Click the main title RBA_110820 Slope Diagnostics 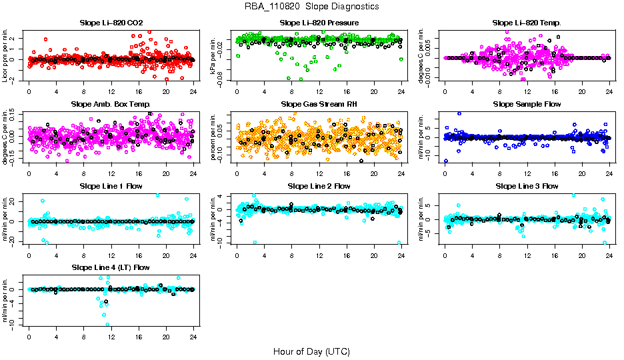tap(312, 6)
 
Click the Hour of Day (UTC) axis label tap(311, 351)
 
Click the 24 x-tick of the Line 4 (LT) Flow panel tap(193, 337)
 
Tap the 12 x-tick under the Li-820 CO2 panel tap(111, 92)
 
